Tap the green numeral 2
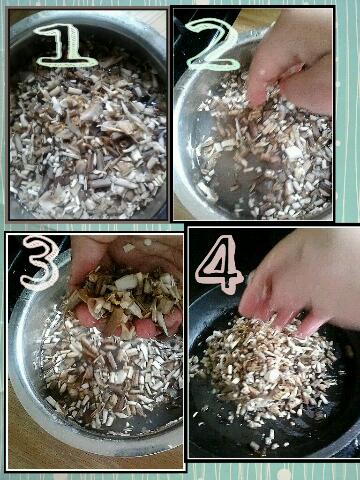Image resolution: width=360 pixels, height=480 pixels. click(x=213, y=45)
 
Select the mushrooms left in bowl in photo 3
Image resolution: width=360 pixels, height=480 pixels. click(x=110, y=377)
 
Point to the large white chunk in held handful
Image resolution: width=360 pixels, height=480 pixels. click(x=127, y=282)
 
